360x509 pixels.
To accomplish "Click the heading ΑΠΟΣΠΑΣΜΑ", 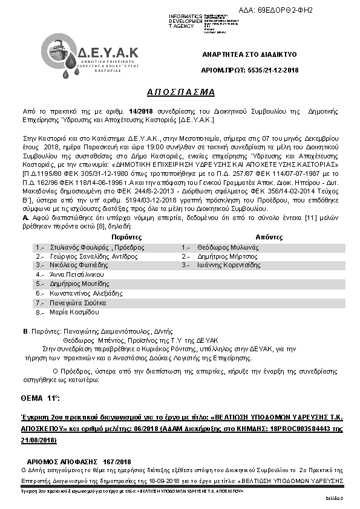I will click(x=181, y=92).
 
